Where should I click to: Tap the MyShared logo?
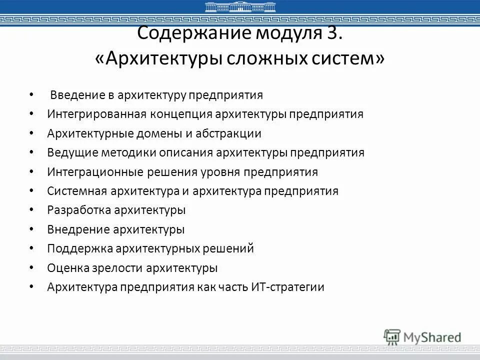pyautogui.click(x=422, y=337)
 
